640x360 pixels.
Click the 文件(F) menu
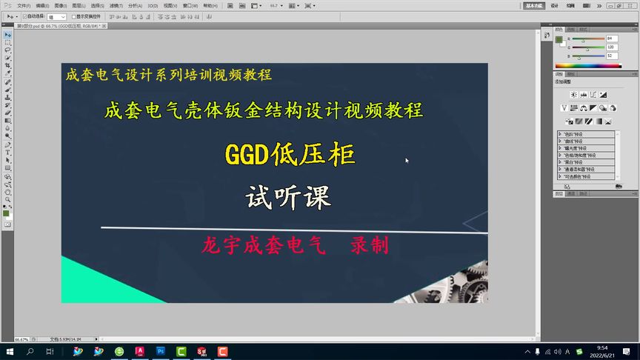point(24,5)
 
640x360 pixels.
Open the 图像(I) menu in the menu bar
point(61,5)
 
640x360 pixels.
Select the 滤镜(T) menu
point(116,5)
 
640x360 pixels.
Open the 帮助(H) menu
point(221,5)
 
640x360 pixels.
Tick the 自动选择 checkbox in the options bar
point(24,16)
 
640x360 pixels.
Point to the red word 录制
point(370,246)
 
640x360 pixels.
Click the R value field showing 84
point(611,38)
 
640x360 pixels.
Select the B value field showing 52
point(611,56)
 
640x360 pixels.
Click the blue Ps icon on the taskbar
point(161,351)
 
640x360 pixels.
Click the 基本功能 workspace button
point(533,5)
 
